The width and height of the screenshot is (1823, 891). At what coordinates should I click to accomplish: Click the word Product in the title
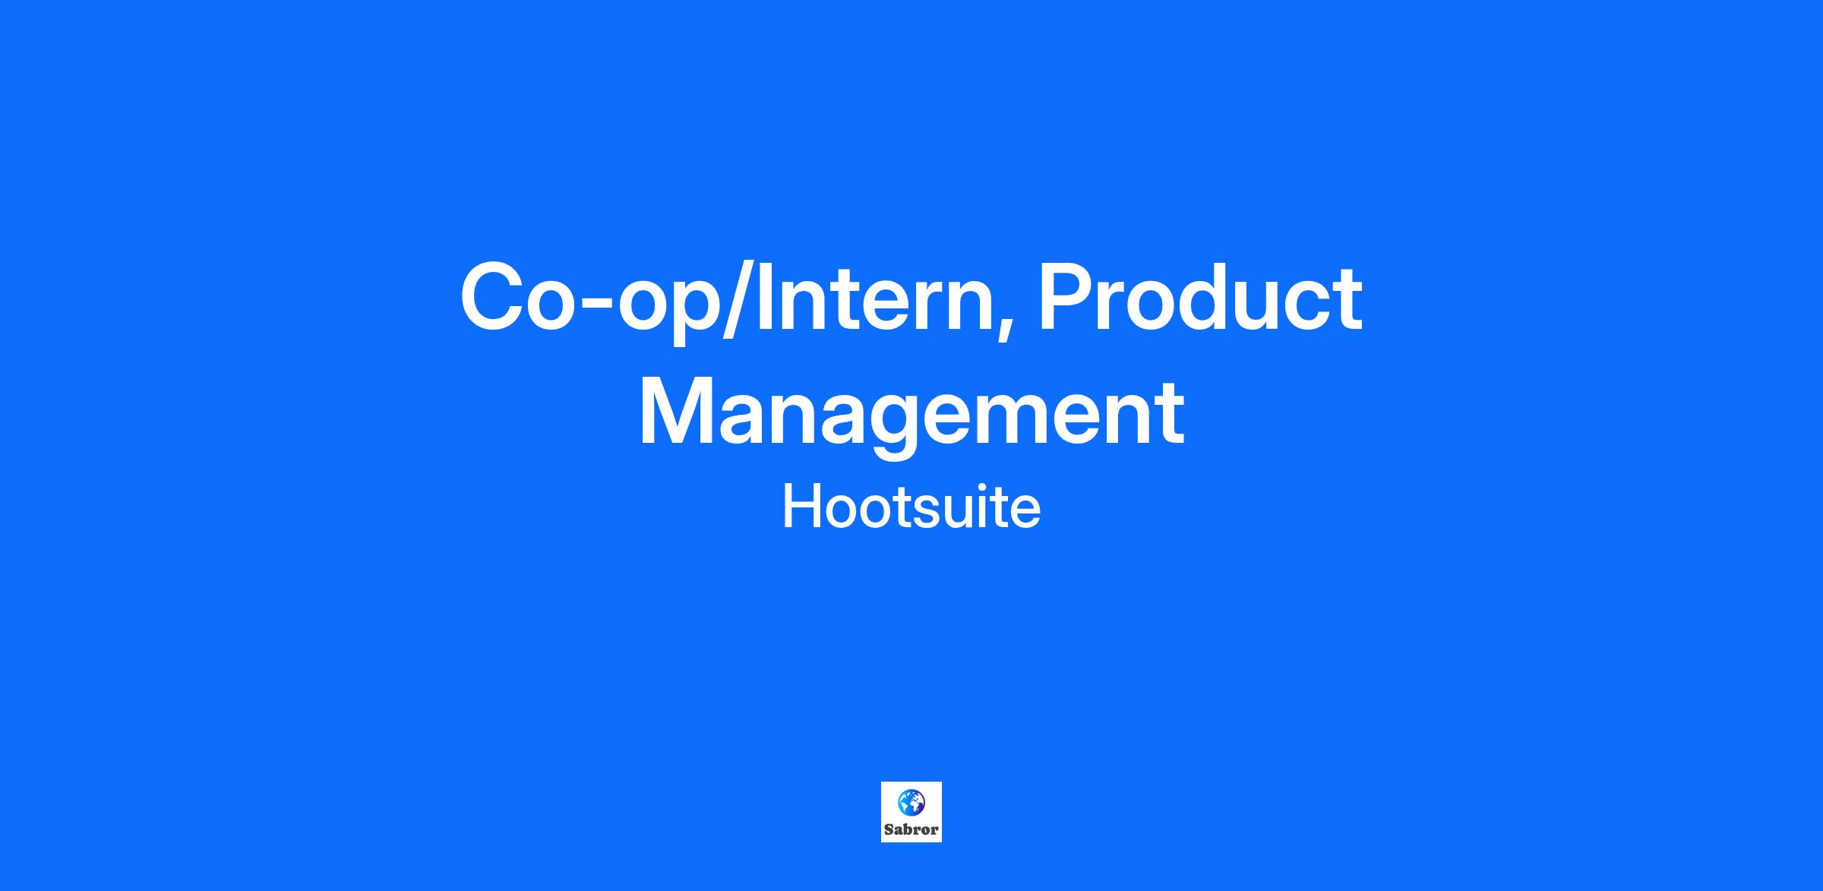[1201, 297]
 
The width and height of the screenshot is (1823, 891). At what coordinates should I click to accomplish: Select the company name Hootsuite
[912, 507]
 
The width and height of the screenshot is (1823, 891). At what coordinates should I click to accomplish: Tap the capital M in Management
[675, 412]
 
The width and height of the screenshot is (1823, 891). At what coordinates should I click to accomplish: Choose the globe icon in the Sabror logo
[912, 801]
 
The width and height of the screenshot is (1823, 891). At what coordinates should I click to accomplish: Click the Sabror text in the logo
[912, 829]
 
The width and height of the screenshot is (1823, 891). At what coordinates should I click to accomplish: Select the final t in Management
[1169, 416]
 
